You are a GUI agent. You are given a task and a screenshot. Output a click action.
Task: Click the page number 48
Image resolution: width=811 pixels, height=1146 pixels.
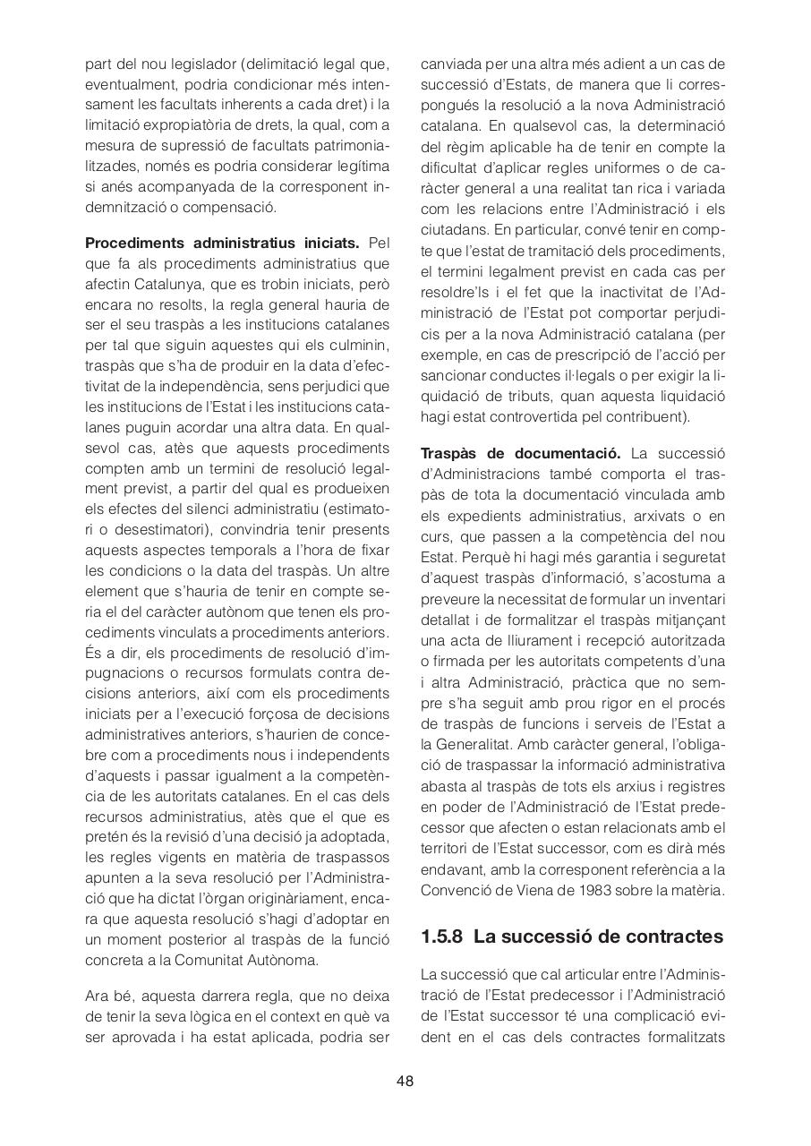(x=405, y=1081)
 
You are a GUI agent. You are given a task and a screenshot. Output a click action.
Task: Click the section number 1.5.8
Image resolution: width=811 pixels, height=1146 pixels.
(x=441, y=936)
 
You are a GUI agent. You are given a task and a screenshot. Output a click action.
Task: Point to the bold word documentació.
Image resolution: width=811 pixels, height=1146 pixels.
(x=566, y=453)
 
